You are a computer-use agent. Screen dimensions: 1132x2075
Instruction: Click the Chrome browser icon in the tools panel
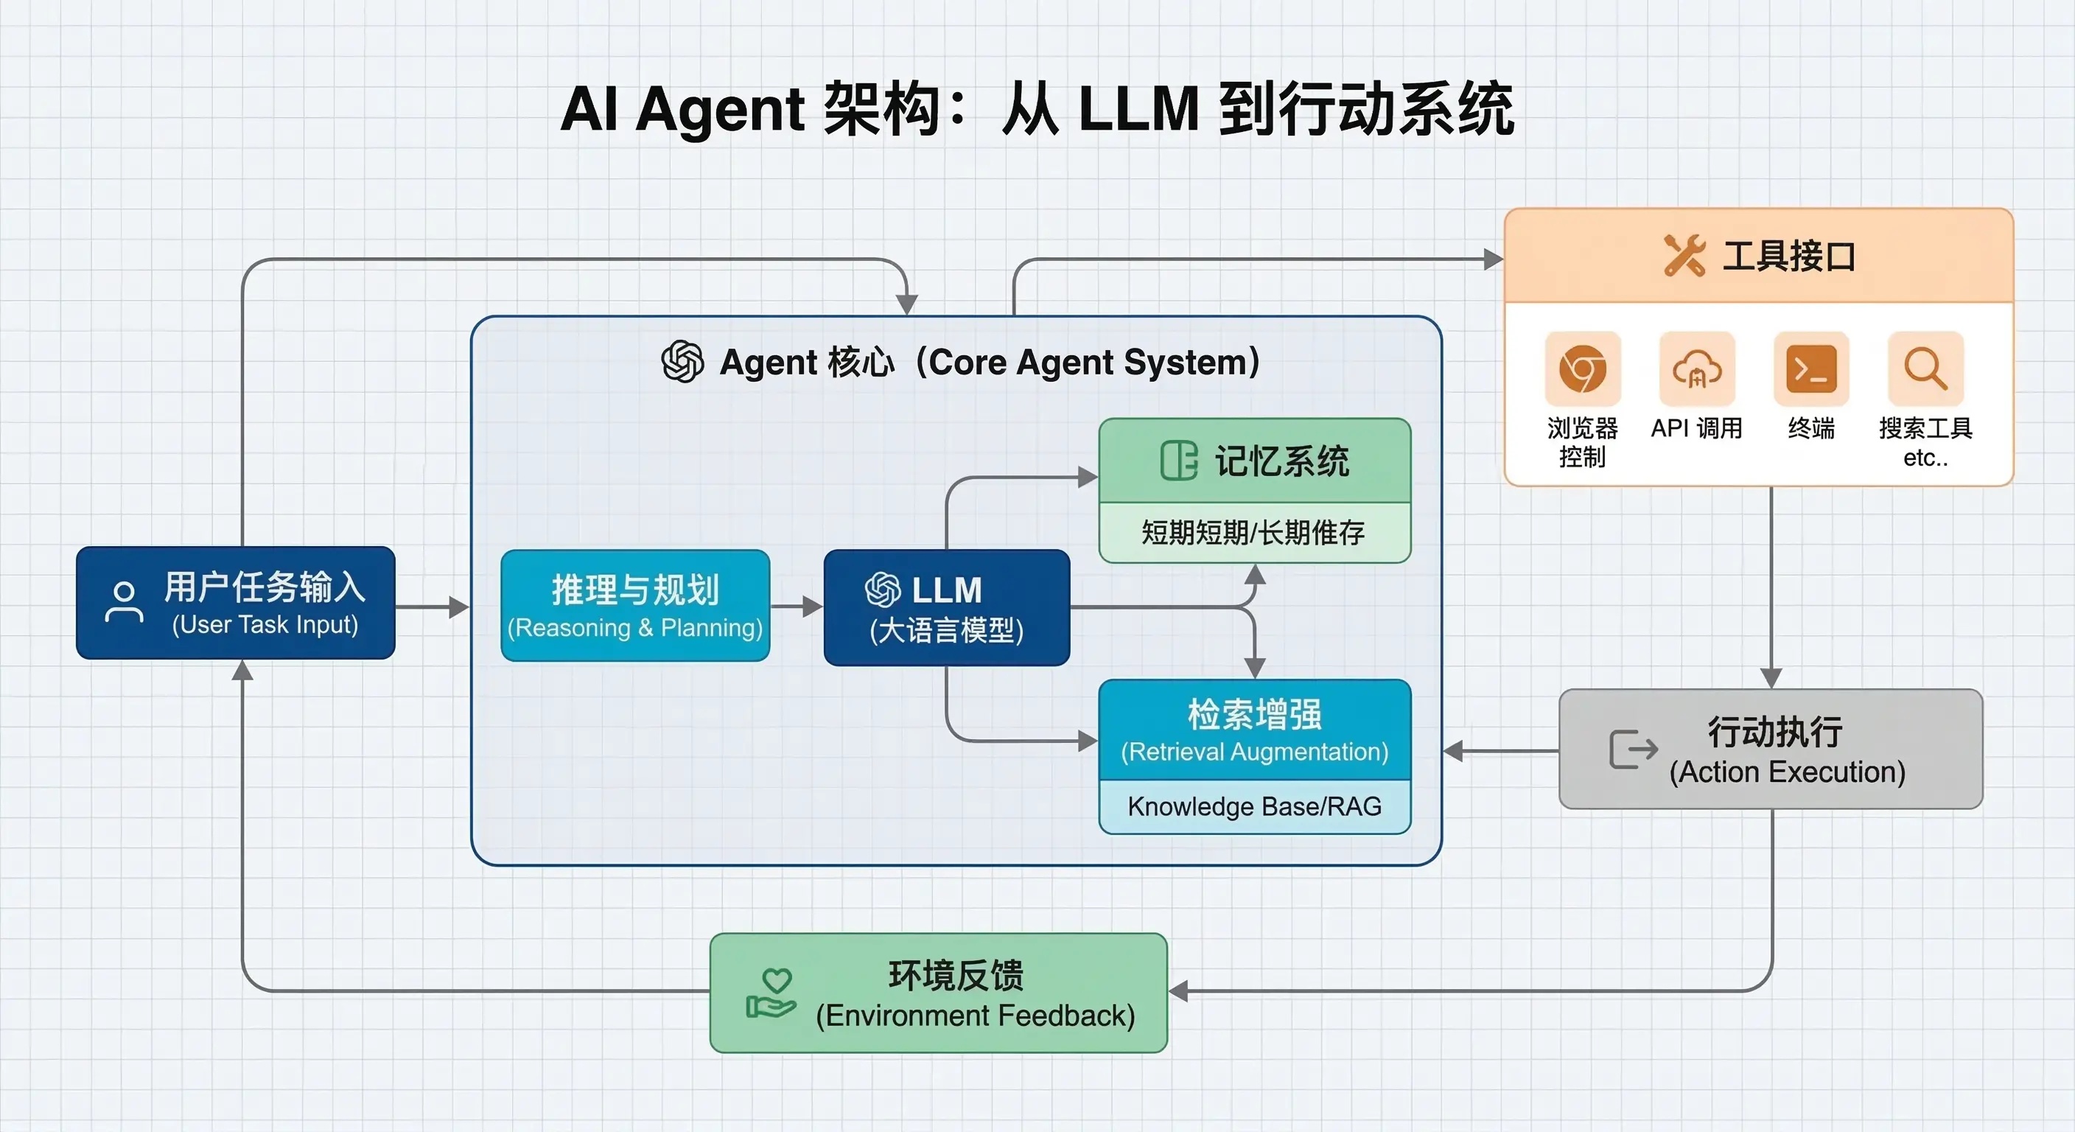(x=1582, y=369)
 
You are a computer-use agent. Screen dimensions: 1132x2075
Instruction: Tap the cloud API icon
(x=1696, y=369)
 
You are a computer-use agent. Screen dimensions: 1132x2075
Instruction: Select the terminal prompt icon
(x=1810, y=369)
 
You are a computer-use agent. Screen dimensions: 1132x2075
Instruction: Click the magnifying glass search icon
(x=1925, y=369)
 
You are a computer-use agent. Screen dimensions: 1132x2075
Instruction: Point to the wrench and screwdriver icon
(x=1684, y=256)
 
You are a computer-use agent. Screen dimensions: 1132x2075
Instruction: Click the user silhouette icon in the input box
(x=123, y=602)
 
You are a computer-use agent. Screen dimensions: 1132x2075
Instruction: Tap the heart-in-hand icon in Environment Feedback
(x=771, y=993)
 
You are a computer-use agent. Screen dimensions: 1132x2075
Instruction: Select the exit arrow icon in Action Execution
(x=1633, y=750)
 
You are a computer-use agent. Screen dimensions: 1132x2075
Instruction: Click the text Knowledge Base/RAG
(x=1254, y=806)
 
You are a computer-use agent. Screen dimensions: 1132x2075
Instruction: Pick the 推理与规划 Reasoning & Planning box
(x=634, y=606)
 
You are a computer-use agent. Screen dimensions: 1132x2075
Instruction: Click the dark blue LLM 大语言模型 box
(x=946, y=607)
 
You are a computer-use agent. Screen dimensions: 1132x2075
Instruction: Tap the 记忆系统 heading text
(x=1281, y=461)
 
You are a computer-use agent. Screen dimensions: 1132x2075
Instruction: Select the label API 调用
(x=1696, y=428)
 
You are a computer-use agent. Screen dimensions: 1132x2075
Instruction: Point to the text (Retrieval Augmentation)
(x=1254, y=752)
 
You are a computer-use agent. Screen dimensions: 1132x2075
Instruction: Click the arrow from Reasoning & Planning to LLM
(x=797, y=606)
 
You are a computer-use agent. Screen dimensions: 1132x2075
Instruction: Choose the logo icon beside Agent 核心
(x=682, y=361)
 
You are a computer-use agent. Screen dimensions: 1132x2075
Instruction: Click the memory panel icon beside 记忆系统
(x=1178, y=461)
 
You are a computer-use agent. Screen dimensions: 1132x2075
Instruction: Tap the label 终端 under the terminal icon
(x=1810, y=428)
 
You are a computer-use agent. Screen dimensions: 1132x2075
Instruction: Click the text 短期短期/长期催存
(x=1253, y=533)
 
